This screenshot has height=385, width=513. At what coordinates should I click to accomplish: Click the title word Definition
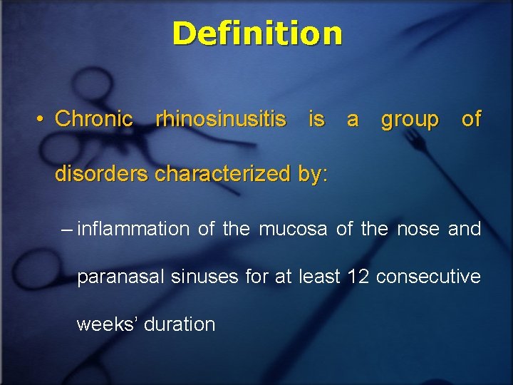256,33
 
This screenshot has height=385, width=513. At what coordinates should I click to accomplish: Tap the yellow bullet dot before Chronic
43,119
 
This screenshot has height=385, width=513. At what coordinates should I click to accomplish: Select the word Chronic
93,119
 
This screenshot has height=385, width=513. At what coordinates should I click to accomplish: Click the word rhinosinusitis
221,119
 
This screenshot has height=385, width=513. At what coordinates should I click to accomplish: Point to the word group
410,120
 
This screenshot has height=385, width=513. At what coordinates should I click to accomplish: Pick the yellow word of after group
471,119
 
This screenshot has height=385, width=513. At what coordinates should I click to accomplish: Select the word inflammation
133,229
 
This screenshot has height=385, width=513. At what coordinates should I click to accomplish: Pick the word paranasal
120,277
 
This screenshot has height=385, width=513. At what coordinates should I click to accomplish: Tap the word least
319,276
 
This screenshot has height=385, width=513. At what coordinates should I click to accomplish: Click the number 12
358,276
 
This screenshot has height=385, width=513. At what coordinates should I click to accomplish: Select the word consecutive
428,276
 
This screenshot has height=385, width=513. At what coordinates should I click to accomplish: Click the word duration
180,324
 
